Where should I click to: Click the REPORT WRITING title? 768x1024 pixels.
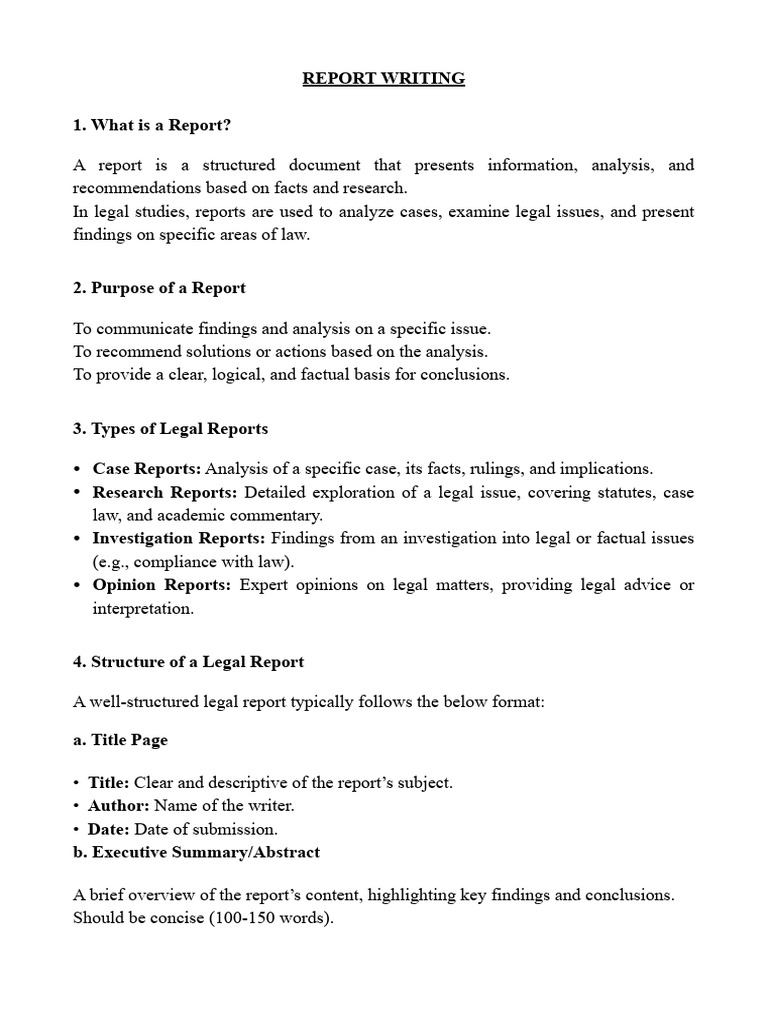[x=384, y=78]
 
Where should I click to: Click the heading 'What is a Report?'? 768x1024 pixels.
[x=159, y=125]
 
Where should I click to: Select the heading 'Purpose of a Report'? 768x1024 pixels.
[x=159, y=288]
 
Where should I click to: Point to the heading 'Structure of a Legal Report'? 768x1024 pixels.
[x=189, y=661]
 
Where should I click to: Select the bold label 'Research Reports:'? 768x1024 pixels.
[x=166, y=492]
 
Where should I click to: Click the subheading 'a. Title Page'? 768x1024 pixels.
[x=121, y=740]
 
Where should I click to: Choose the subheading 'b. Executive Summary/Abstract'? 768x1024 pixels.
[x=197, y=852]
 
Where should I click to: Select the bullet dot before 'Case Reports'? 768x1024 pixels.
[x=78, y=469]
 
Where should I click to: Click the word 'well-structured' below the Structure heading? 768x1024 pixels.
[x=140, y=701]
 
